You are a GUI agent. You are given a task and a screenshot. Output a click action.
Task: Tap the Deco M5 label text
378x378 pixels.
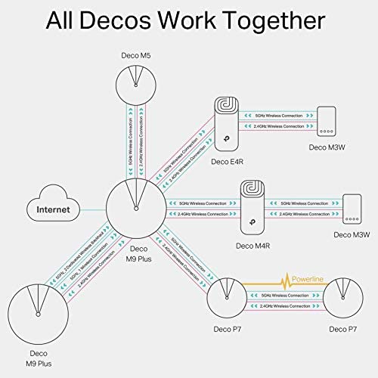[x=137, y=55]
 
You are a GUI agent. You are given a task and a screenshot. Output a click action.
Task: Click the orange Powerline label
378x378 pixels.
[x=307, y=280]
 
